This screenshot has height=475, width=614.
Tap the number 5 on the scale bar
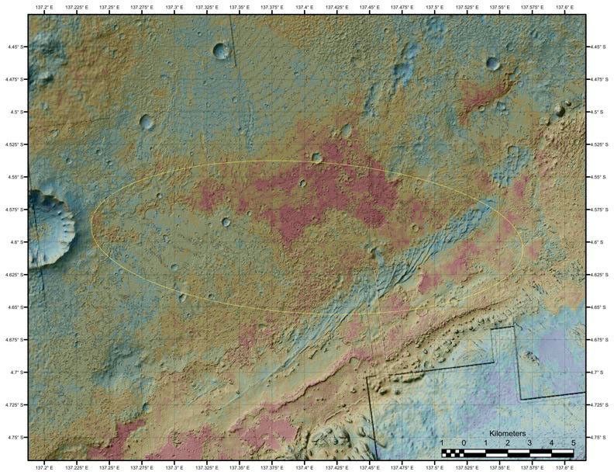[x=574, y=442]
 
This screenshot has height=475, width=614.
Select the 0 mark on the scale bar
[x=464, y=442]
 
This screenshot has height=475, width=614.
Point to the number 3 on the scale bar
[x=529, y=442]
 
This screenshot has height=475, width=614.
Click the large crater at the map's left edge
[x=50, y=227]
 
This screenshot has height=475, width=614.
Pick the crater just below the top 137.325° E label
[x=221, y=51]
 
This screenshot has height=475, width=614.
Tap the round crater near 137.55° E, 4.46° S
[x=493, y=64]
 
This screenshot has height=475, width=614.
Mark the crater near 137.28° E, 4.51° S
[x=147, y=122]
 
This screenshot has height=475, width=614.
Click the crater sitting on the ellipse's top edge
[x=316, y=158]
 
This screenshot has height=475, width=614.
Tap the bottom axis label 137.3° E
[x=174, y=468]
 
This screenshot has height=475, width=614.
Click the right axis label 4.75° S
[x=598, y=438]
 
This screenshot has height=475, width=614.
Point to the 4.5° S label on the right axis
[x=598, y=112]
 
